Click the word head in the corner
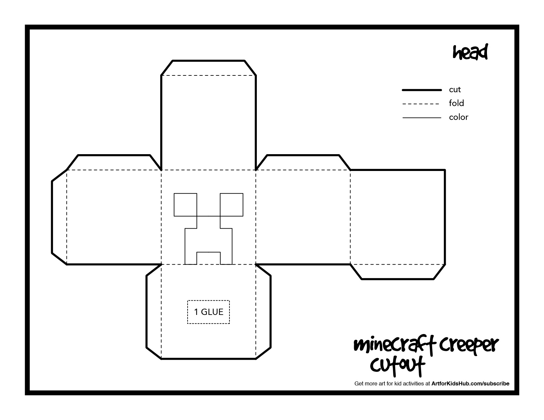pyautogui.click(x=470, y=53)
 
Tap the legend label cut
pyautogui.click(x=455, y=90)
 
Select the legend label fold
pyautogui.click(x=456, y=103)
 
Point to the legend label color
pyautogui.click(x=458, y=117)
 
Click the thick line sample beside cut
pyautogui.click(x=422, y=90)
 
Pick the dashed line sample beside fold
pyautogui.click(x=421, y=104)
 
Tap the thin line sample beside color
pyautogui.click(x=422, y=118)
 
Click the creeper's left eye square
pyautogui.click(x=185, y=205)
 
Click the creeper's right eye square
pyautogui.click(x=231, y=205)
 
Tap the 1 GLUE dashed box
pyautogui.click(x=208, y=312)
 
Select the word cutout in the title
pyautogui.click(x=397, y=365)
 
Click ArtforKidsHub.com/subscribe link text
pyautogui.click(x=470, y=383)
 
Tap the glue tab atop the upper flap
pyautogui.click(x=208, y=68)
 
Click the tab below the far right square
pyautogui.click(x=398, y=272)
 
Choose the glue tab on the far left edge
pyautogui.click(x=59, y=217)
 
